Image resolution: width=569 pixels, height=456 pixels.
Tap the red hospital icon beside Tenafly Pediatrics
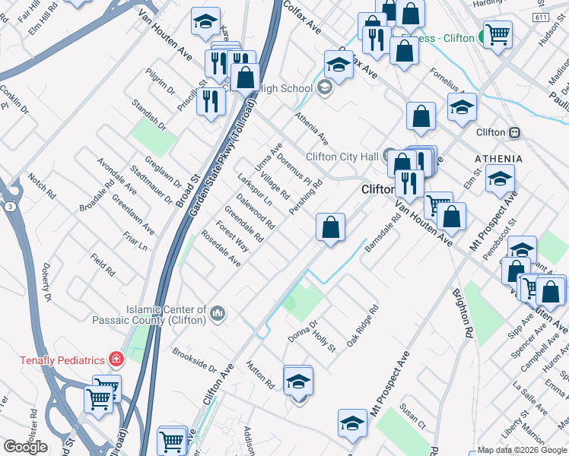115,357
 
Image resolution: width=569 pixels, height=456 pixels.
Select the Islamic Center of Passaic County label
167,315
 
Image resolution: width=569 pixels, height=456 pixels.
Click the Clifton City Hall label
342,157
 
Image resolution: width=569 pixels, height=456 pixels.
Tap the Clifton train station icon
515,132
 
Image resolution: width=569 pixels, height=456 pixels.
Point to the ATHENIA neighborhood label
498,159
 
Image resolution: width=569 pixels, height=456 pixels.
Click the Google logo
25,447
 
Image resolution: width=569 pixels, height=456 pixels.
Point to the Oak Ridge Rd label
363,327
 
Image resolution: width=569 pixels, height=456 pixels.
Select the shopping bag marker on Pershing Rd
331,226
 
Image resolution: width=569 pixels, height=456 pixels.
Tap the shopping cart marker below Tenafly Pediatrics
99,398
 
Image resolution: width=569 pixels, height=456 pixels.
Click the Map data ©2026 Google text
522,450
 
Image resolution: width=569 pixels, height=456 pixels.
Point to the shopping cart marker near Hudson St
497,33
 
